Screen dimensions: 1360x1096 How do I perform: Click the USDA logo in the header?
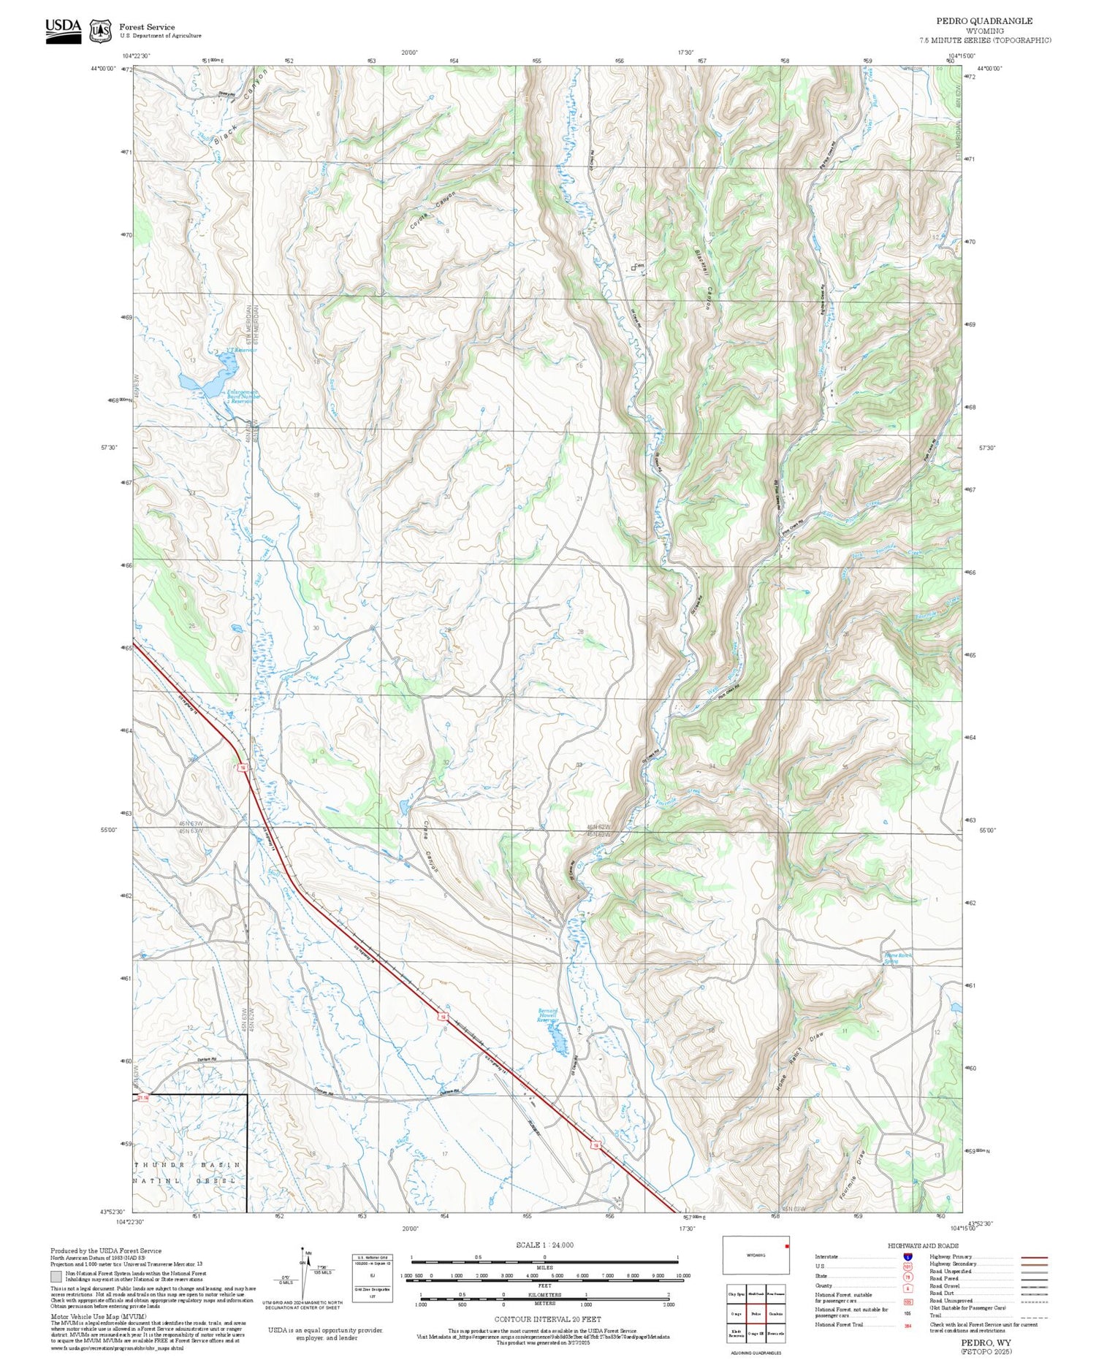click(63, 31)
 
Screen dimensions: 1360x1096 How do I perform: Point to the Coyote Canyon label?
click(433, 212)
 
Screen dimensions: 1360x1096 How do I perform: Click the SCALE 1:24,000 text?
click(544, 1245)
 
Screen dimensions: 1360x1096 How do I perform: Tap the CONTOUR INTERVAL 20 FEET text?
click(547, 1319)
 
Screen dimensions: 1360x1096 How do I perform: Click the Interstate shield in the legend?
click(907, 1257)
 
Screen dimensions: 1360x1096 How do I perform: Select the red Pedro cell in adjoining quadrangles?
click(756, 1313)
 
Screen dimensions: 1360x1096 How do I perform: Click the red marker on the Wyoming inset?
click(787, 1246)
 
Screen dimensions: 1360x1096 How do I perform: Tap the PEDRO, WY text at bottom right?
click(981, 1342)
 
